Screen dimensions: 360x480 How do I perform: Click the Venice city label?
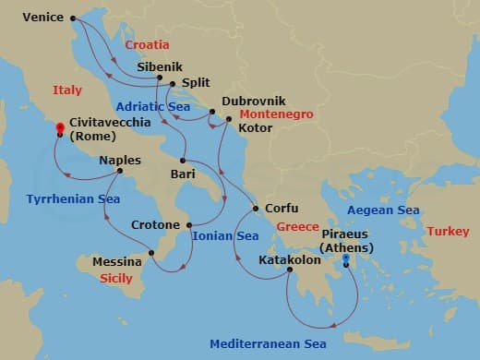[42, 17]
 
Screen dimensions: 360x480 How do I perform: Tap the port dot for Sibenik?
[160, 77]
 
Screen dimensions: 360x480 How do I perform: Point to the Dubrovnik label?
[254, 101]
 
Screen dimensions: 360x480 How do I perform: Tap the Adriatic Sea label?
[154, 106]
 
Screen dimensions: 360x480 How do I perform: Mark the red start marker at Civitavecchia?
[60, 127]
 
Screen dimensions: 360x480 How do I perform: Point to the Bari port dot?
[184, 161]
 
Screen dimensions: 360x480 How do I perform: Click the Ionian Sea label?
[225, 235]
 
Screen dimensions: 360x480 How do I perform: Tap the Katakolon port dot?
[289, 270]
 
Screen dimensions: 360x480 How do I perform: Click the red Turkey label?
[448, 230]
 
